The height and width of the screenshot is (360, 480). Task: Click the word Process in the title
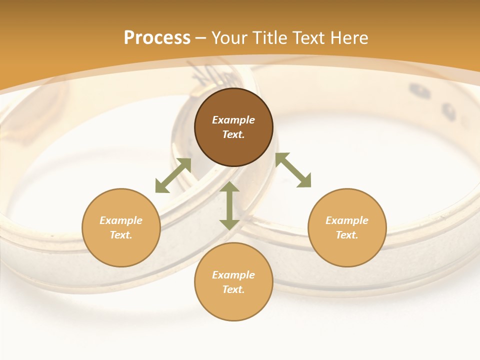point(157,38)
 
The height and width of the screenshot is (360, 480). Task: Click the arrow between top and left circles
point(173,175)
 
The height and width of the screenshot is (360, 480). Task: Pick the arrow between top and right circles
point(293,170)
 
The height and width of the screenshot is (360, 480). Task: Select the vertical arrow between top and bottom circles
point(229,205)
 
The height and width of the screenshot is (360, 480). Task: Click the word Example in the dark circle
point(233,120)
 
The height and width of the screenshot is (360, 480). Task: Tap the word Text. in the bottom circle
point(233,289)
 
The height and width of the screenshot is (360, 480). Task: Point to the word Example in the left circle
point(121,220)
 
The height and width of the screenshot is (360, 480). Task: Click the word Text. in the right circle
point(347,235)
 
